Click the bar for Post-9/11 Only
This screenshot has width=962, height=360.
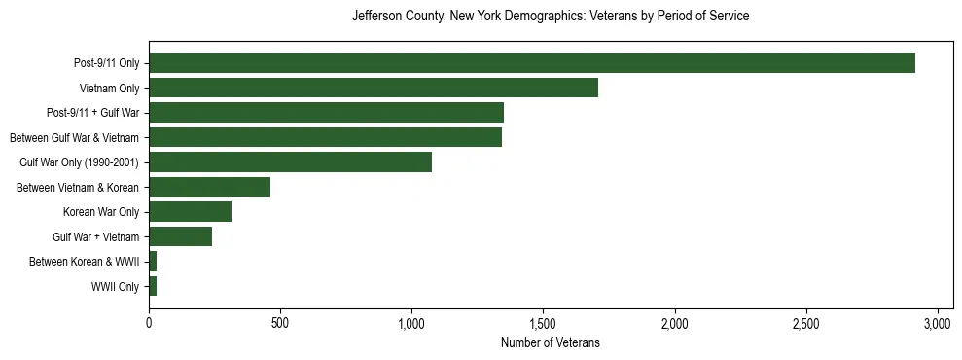[531, 63]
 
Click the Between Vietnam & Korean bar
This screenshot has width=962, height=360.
[209, 188]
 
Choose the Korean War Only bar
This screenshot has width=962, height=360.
[190, 212]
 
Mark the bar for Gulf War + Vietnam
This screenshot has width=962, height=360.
[180, 237]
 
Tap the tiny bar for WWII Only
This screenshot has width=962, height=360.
[153, 287]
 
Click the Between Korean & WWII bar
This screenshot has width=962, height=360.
[153, 262]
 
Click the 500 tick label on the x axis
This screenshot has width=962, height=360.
[280, 323]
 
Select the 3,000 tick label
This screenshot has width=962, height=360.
[938, 323]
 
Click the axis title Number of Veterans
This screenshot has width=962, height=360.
[550, 342]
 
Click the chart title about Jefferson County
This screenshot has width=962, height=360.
[550, 17]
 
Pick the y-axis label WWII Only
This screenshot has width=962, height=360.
[115, 287]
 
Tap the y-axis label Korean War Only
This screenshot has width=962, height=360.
[101, 212]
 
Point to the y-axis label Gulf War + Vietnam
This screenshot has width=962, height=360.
[96, 237]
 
